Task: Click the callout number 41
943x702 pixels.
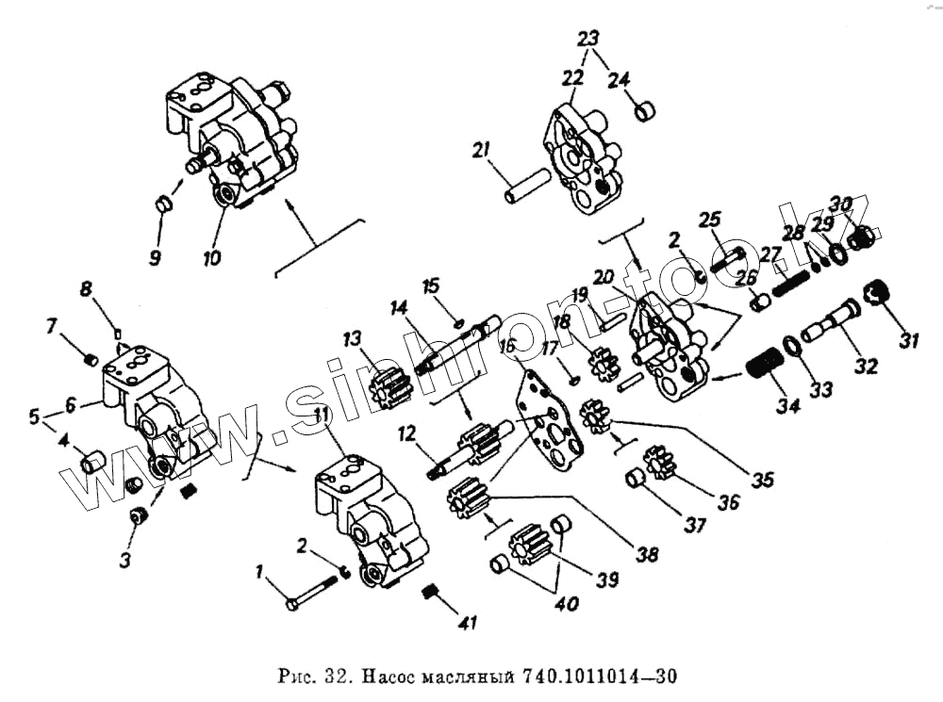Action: pyautogui.click(x=466, y=623)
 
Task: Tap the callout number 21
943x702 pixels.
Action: pyautogui.click(x=483, y=151)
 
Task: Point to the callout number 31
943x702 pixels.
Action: pyautogui.click(x=908, y=340)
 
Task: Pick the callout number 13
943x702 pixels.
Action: pyautogui.click(x=352, y=339)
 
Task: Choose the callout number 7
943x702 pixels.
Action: pyautogui.click(x=53, y=326)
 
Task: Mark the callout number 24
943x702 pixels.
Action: pyautogui.click(x=619, y=81)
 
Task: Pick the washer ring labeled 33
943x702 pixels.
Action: pyautogui.click(x=793, y=349)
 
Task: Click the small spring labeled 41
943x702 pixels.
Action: pyautogui.click(x=430, y=592)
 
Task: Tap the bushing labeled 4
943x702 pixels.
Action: pyautogui.click(x=92, y=463)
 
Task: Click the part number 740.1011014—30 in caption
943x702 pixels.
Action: pyautogui.click(x=594, y=676)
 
